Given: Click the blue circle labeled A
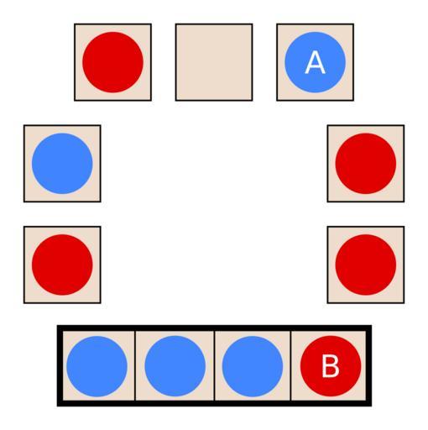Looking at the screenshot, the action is click(x=316, y=62).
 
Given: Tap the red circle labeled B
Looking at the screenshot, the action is click(x=331, y=366).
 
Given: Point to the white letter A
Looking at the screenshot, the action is click(x=316, y=62).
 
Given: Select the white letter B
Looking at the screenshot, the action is click(x=331, y=366).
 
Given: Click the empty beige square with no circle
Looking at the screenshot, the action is click(x=214, y=62).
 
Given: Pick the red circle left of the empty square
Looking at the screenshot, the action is click(x=112, y=62).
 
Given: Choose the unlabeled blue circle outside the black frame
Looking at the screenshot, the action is click(x=62, y=164).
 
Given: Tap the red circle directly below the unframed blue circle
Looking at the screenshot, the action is click(x=62, y=265).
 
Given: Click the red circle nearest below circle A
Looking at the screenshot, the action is click(x=366, y=164).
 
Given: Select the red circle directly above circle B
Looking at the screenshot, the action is click(x=366, y=265).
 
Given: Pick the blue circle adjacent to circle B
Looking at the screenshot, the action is click(x=253, y=366).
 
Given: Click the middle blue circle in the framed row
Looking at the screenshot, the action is click(x=175, y=366).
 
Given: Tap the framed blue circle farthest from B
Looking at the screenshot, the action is click(x=97, y=366).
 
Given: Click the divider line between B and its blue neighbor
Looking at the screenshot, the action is click(x=291, y=365).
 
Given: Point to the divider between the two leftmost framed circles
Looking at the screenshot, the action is click(x=135, y=365).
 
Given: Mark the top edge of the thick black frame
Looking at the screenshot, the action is click(x=214, y=328).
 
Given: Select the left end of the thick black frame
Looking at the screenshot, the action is click(x=60, y=365).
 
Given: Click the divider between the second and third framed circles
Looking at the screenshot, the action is click(x=215, y=365).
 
